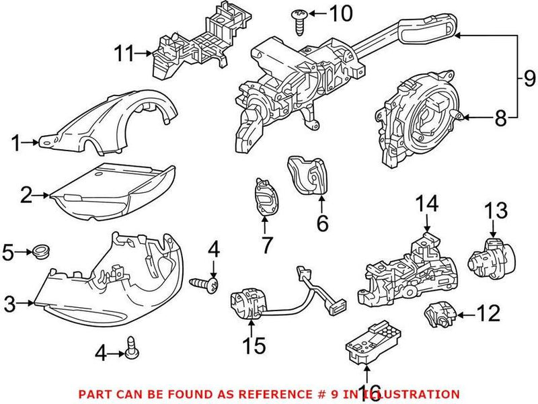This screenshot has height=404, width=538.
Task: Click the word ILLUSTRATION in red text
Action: [x=408, y=394]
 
